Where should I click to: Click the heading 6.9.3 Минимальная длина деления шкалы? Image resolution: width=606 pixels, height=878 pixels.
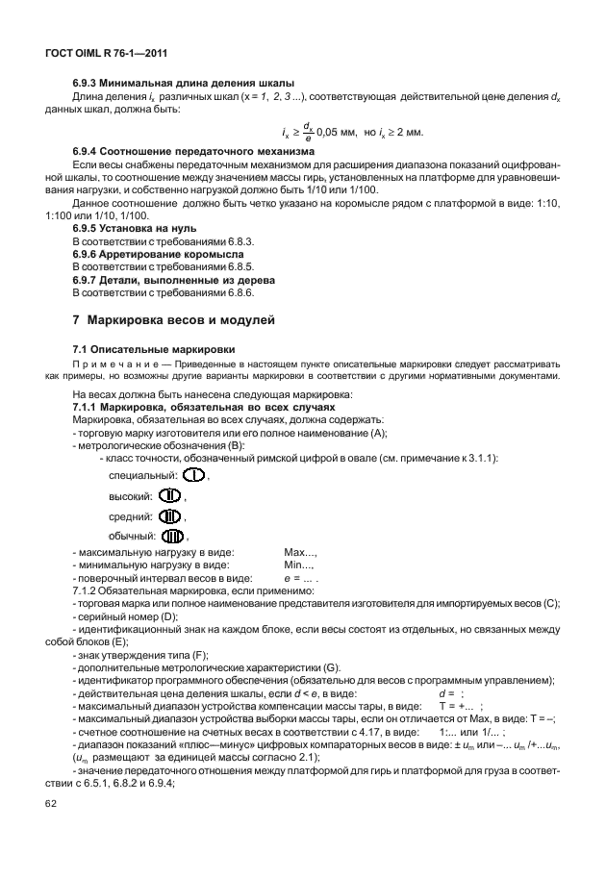coord(184,83)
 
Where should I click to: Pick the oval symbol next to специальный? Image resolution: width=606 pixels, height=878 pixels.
coord(194,476)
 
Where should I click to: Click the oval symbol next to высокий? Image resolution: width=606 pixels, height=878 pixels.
coord(171,496)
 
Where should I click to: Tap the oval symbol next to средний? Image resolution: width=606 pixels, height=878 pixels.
coord(169,516)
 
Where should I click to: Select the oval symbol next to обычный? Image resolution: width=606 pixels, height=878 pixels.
coord(173,536)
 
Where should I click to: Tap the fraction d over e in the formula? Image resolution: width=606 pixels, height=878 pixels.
coord(306,131)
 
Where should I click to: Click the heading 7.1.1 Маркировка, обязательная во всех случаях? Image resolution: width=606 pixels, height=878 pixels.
coord(201,408)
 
